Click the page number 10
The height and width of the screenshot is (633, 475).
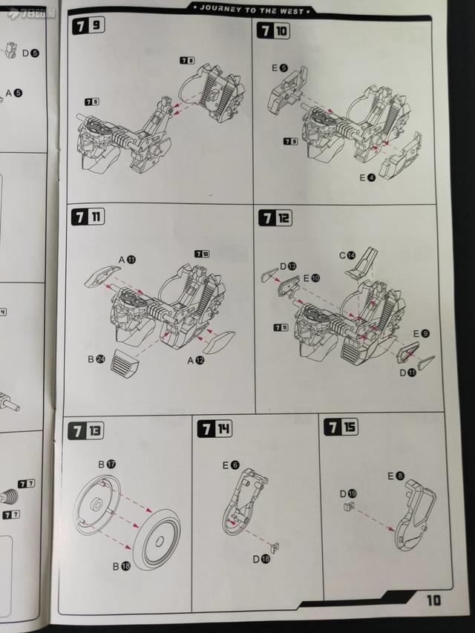coord(434,600)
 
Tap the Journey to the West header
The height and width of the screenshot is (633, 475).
coord(252,10)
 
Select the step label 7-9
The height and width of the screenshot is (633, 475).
coord(88,28)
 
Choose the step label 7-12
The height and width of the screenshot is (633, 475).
coord(275,218)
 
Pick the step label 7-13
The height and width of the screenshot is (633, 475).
coord(87,430)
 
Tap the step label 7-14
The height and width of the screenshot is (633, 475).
coord(214,428)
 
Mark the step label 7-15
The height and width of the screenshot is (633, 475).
coord(341,427)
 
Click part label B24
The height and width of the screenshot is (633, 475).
coord(96,359)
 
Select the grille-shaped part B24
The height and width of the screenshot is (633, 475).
coord(123,363)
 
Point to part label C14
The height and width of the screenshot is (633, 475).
coord(346,255)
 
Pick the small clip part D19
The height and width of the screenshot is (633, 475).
coord(346,507)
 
